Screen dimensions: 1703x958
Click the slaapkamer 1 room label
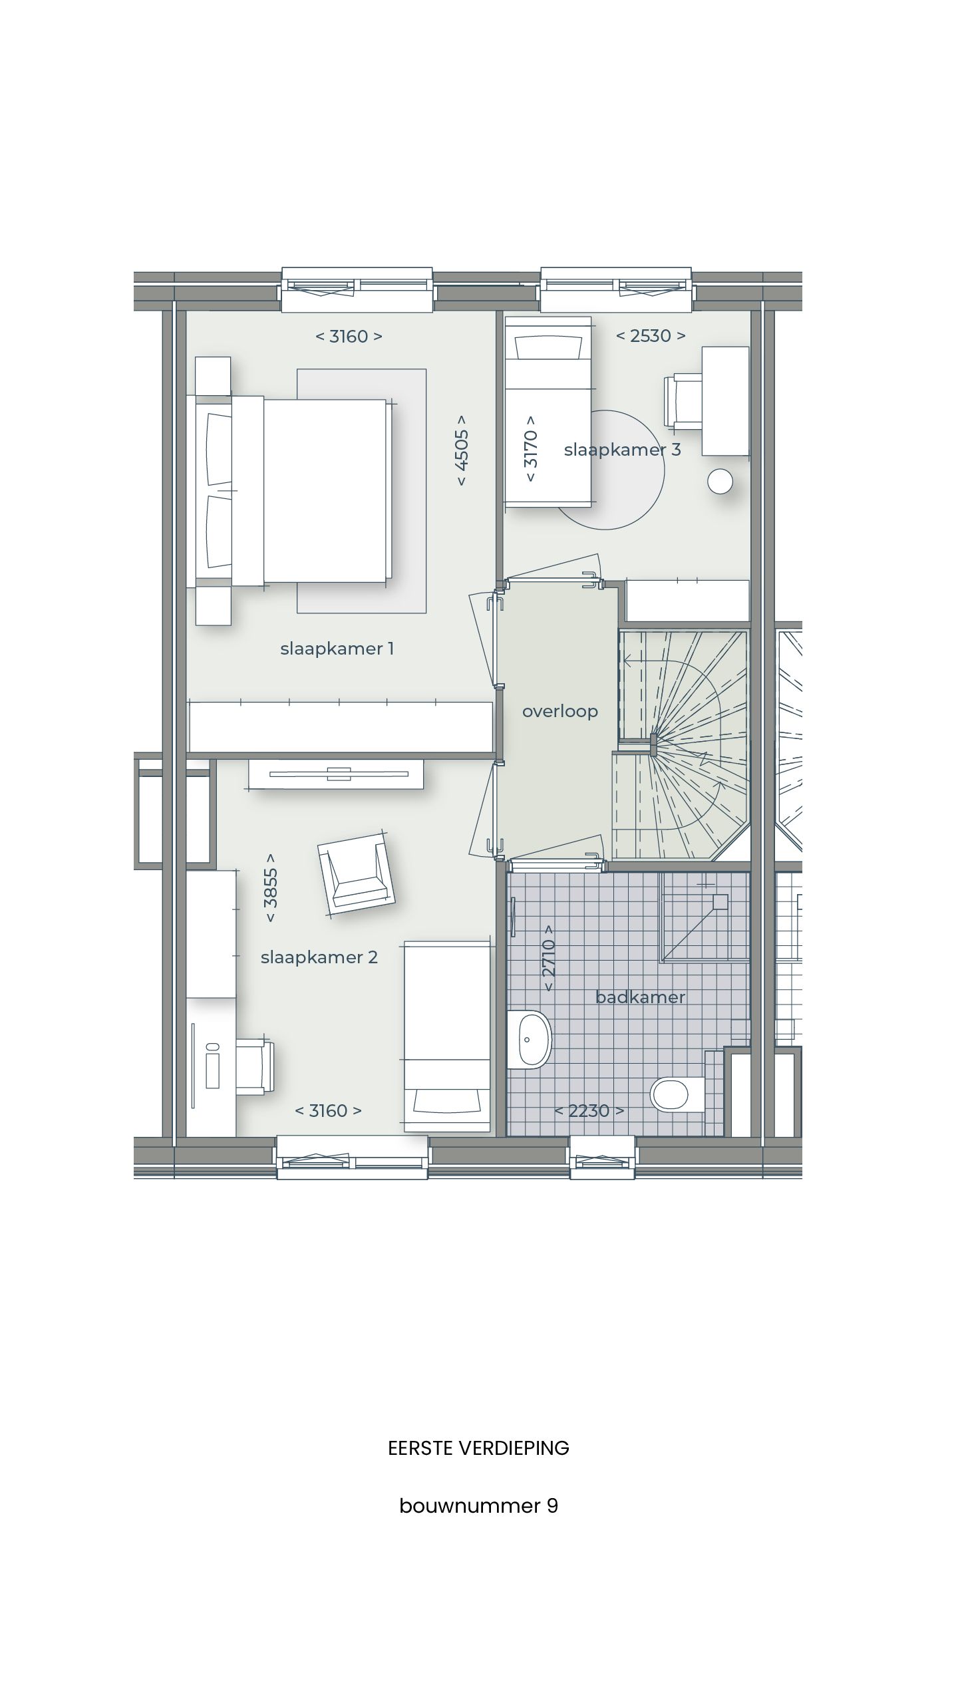point(337,649)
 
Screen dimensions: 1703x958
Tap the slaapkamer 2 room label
point(319,957)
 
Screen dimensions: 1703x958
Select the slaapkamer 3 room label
point(622,450)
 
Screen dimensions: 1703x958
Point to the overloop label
point(559,711)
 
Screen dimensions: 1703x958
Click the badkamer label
point(640,997)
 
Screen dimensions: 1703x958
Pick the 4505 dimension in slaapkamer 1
point(461,450)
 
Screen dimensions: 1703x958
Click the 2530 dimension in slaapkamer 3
point(650,336)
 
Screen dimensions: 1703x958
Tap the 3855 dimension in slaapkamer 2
point(271,888)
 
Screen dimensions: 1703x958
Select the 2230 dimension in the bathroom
point(589,1110)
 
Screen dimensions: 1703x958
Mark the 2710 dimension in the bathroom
point(549,957)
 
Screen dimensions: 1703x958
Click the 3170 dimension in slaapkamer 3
point(531,450)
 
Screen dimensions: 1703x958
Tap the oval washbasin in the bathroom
point(530,1039)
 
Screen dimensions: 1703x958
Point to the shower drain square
point(720,901)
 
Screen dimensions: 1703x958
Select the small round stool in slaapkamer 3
point(720,482)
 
